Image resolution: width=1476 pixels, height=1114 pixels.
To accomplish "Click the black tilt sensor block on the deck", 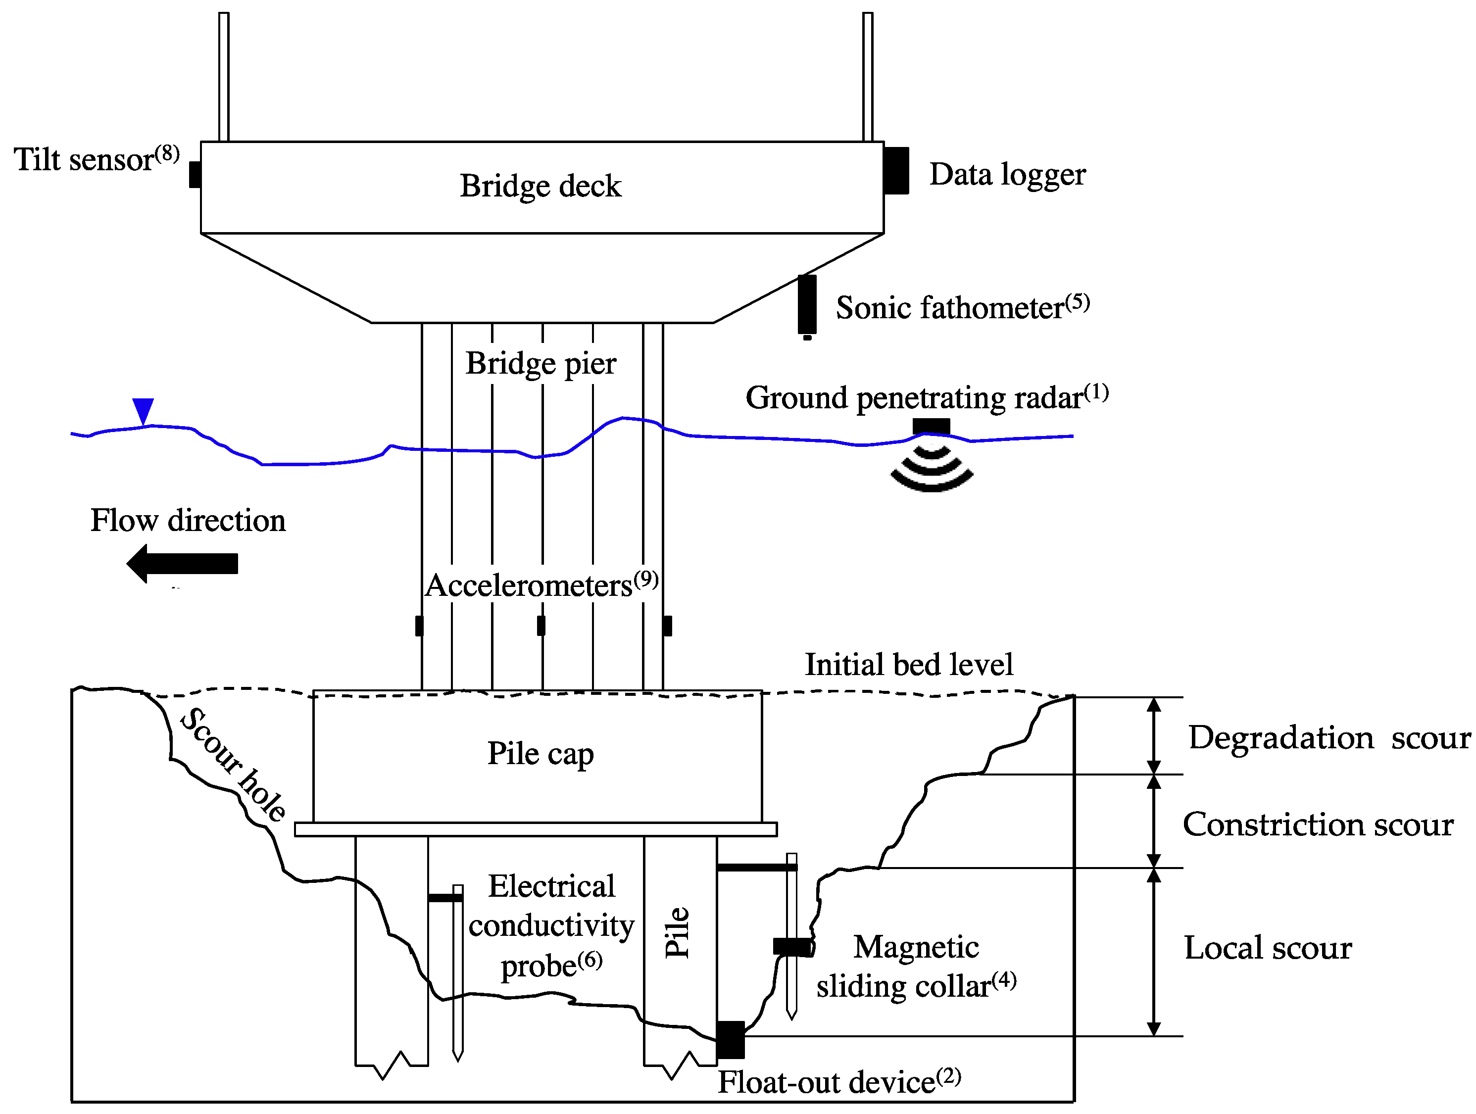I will tap(195, 175).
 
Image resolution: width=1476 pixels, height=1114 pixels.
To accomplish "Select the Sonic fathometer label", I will tap(962, 307).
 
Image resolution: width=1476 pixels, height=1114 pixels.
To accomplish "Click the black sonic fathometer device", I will tap(807, 305).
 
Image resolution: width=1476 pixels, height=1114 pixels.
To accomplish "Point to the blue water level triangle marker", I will tap(143, 410).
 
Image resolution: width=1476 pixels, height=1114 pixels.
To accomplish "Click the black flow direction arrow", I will tap(183, 564).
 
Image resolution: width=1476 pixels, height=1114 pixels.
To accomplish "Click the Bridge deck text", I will tap(541, 186).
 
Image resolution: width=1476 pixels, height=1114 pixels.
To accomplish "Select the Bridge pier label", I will tap(541, 364).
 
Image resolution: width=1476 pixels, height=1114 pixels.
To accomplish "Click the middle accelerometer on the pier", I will tap(541, 626).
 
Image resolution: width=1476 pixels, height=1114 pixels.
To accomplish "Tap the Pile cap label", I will tap(541, 754).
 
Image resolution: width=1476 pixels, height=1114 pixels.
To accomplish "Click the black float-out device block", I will tap(731, 1039).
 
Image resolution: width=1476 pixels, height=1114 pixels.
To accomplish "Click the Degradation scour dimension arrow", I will tap(1154, 735).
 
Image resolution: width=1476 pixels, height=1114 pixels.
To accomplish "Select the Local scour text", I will tap(1268, 948).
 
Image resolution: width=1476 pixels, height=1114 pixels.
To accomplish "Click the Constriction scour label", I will tap(1318, 824).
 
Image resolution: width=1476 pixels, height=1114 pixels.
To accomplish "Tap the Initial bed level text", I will tap(909, 665).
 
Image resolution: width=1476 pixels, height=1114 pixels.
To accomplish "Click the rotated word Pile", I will tap(677, 932).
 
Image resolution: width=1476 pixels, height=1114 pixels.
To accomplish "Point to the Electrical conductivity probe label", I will tap(551, 926).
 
